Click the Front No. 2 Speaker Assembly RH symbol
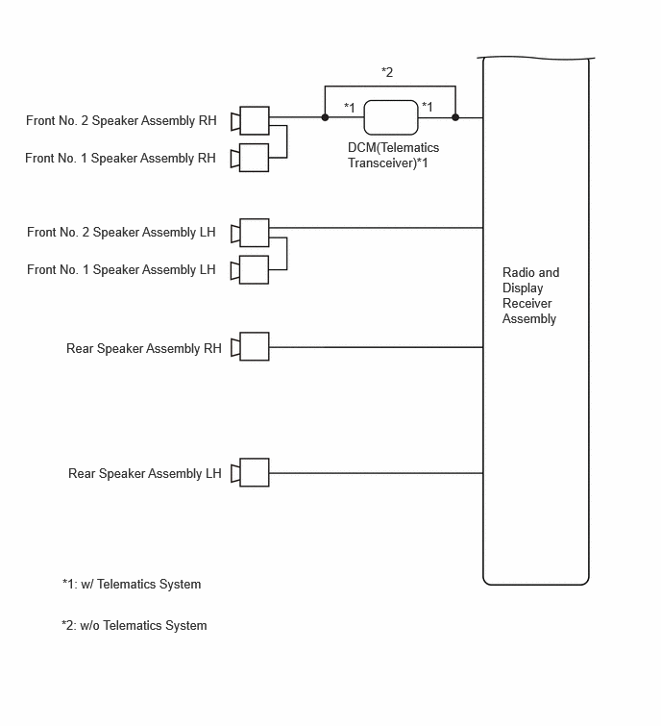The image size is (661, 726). (250, 121)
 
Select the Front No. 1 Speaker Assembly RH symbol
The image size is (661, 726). (250, 158)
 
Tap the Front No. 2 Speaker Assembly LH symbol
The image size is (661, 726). (250, 233)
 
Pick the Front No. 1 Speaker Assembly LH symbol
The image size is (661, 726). (250, 270)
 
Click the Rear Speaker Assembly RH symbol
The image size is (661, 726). (250, 346)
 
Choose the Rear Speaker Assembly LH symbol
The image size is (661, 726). (250, 472)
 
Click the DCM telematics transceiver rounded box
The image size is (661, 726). (391, 117)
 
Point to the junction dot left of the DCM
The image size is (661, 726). (325, 117)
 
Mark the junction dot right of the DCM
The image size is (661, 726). (455, 117)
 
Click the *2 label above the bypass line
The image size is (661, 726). (387, 72)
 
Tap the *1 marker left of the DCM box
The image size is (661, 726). (349, 108)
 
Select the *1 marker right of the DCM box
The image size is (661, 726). (427, 107)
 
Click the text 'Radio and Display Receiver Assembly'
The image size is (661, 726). (530, 295)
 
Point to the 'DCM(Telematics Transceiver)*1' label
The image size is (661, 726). (393, 156)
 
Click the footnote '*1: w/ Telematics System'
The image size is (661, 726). (132, 585)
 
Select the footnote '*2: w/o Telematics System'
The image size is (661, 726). (135, 626)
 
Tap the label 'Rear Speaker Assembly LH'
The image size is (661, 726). (145, 474)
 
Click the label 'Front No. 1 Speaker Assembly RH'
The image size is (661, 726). (120, 159)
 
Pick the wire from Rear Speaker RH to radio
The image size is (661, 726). (376, 347)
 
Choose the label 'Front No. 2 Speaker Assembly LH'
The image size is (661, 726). (121, 233)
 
